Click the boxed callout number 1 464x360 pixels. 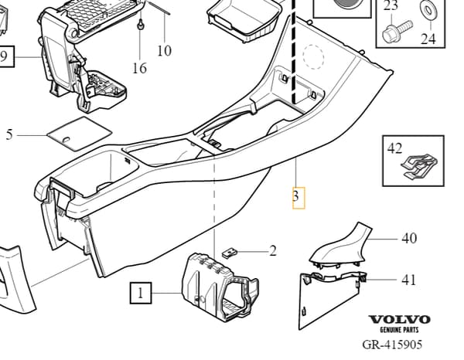tap(141, 293)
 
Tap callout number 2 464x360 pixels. tap(272, 251)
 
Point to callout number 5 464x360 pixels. tap(9, 134)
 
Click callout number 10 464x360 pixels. tap(164, 50)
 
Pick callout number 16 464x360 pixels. tap(139, 68)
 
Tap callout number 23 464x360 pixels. tap(391, 5)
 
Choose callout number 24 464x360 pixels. tap(428, 39)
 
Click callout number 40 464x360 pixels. tap(409, 238)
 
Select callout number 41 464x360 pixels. tap(408, 280)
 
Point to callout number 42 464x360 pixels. tap(394, 148)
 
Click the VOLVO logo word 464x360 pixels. tap(399, 320)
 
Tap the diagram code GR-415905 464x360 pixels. tap(392, 345)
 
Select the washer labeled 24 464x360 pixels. tap(426, 10)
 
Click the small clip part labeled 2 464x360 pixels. tap(230, 253)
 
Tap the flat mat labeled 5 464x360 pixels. tap(80, 134)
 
